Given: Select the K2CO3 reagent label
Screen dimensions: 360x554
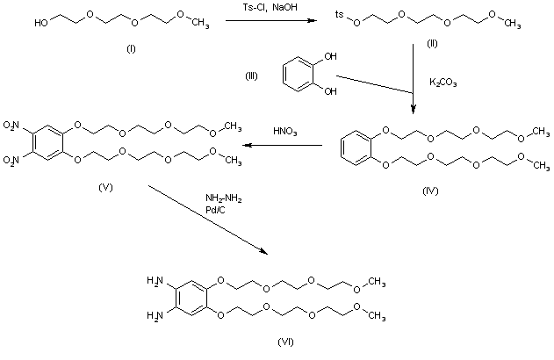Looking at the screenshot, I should point(444,83).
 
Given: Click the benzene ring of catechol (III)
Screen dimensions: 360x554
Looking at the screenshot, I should point(296,77).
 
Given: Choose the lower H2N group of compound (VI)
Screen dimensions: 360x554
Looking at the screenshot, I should point(155,299).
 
